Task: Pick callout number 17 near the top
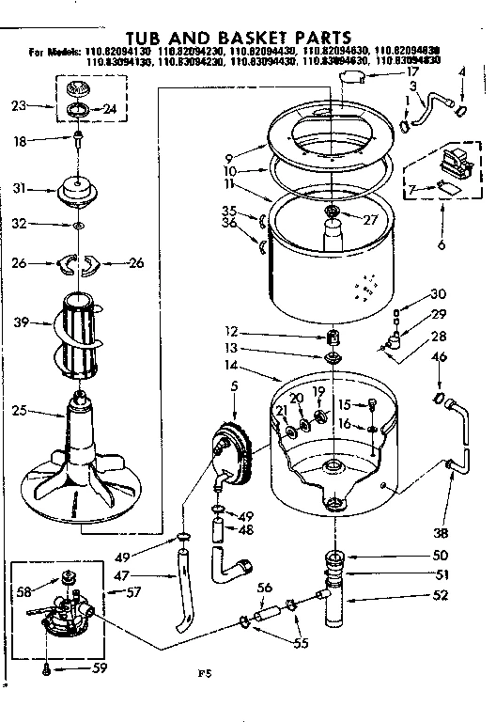click(384, 72)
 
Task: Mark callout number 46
click(438, 357)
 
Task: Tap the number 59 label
click(100, 669)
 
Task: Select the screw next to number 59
click(47, 669)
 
